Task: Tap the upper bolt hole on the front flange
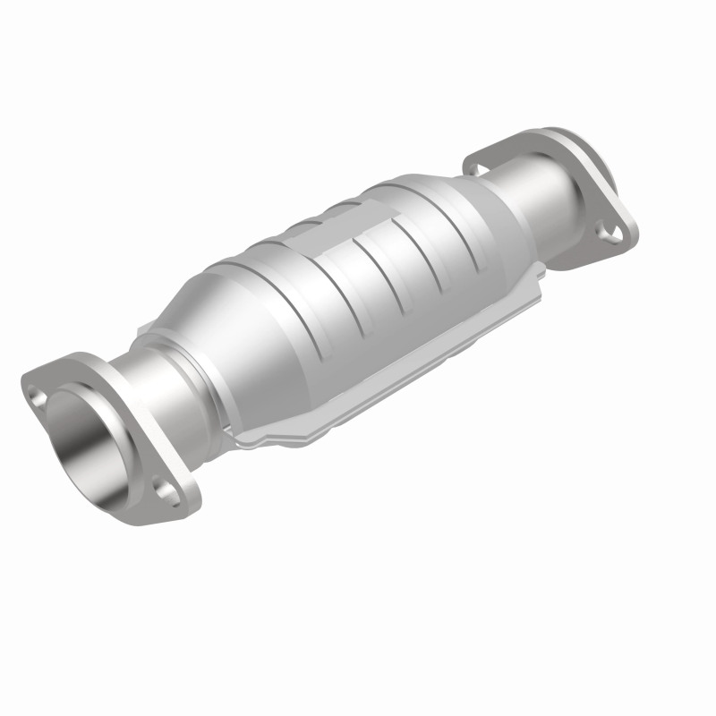(x=38, y=391)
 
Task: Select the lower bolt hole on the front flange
(x=163, y=487)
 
